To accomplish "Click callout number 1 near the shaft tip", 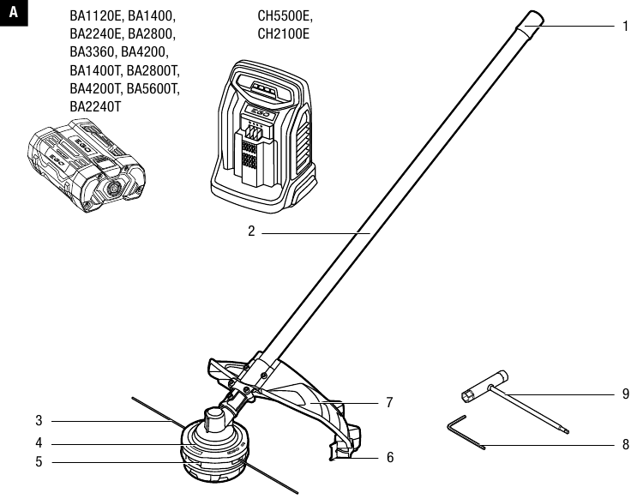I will (x=625, y=26).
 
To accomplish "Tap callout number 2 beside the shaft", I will (x=252, y=232).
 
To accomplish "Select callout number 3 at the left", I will (x=39, y=421).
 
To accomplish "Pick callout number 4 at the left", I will (x=39, y=443).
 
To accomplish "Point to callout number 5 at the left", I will (x=39, y=462).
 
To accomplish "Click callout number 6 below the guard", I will (x=390, y=458).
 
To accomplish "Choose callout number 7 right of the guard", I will (x=389, y=401).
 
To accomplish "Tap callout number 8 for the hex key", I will (x=625, y=445).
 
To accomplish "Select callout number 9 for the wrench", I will (x=625, y=394).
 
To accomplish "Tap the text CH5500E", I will (x=285, y=16).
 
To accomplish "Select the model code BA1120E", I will (x=96, y=16).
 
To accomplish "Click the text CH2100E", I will (x=284, y=34).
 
